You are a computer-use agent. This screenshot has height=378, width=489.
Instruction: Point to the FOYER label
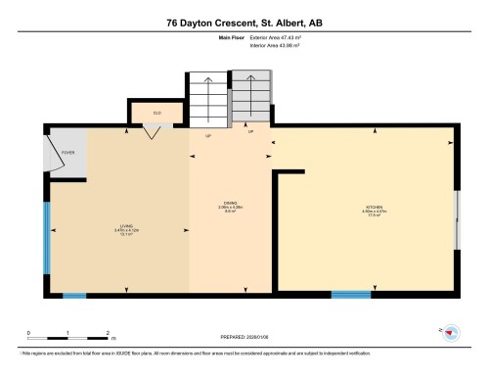pyautogui.click(x=68, y=154)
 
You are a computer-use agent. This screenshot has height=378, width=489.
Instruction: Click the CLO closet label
pyautogui.click(x=156, y=113)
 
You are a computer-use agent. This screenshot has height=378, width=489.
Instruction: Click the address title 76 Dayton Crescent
pyautogui.click(x=244, y=23)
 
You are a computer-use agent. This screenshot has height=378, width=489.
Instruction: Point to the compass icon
pyautogui.click(x=451, y=334)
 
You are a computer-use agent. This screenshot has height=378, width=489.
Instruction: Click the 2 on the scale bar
pyautogui.click(x=108, y=333)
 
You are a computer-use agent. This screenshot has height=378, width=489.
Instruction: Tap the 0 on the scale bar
pyautogui.click(x=28, y=333)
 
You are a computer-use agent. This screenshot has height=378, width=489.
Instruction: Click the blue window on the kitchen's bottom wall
pyautogui.click(x=350, y=294)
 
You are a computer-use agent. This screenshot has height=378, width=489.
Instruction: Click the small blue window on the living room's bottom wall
pyautogui.click(x=74, y=295)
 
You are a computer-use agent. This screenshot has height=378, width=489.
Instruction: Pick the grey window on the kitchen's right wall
pyautogui.click(x=459, y=220)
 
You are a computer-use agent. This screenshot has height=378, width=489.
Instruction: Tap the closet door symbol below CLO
pyautogui.click(x=150, y=132)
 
